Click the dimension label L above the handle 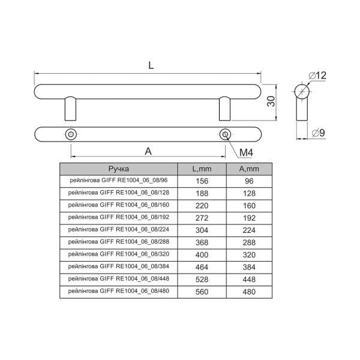point(151,65)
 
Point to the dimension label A point(148,151)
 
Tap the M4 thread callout point(246,152)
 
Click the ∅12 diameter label point(317,76)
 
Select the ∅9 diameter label point(318,133)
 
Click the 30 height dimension point(271,101)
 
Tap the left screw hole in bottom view point(71,134)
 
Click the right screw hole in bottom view point(225,134)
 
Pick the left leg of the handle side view point(70,109)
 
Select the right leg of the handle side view point(224,109)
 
